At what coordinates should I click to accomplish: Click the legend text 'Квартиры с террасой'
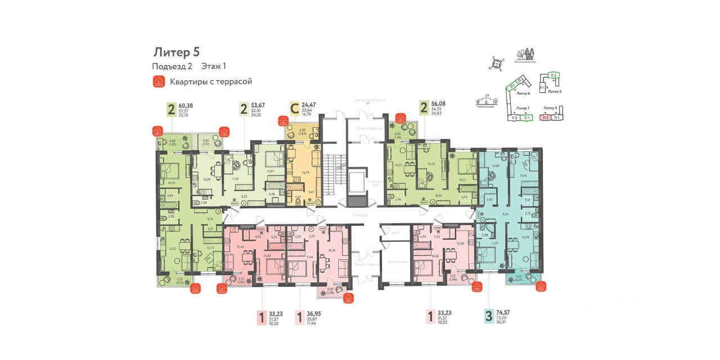pos(211,82)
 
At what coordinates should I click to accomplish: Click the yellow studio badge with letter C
pos(293,108)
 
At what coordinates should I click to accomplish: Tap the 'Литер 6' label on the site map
pos(523,93)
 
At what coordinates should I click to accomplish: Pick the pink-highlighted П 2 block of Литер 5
pos(545,118)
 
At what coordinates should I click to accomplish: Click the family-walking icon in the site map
pos(527,55)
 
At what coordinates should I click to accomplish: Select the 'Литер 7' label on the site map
pos(523,106)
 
